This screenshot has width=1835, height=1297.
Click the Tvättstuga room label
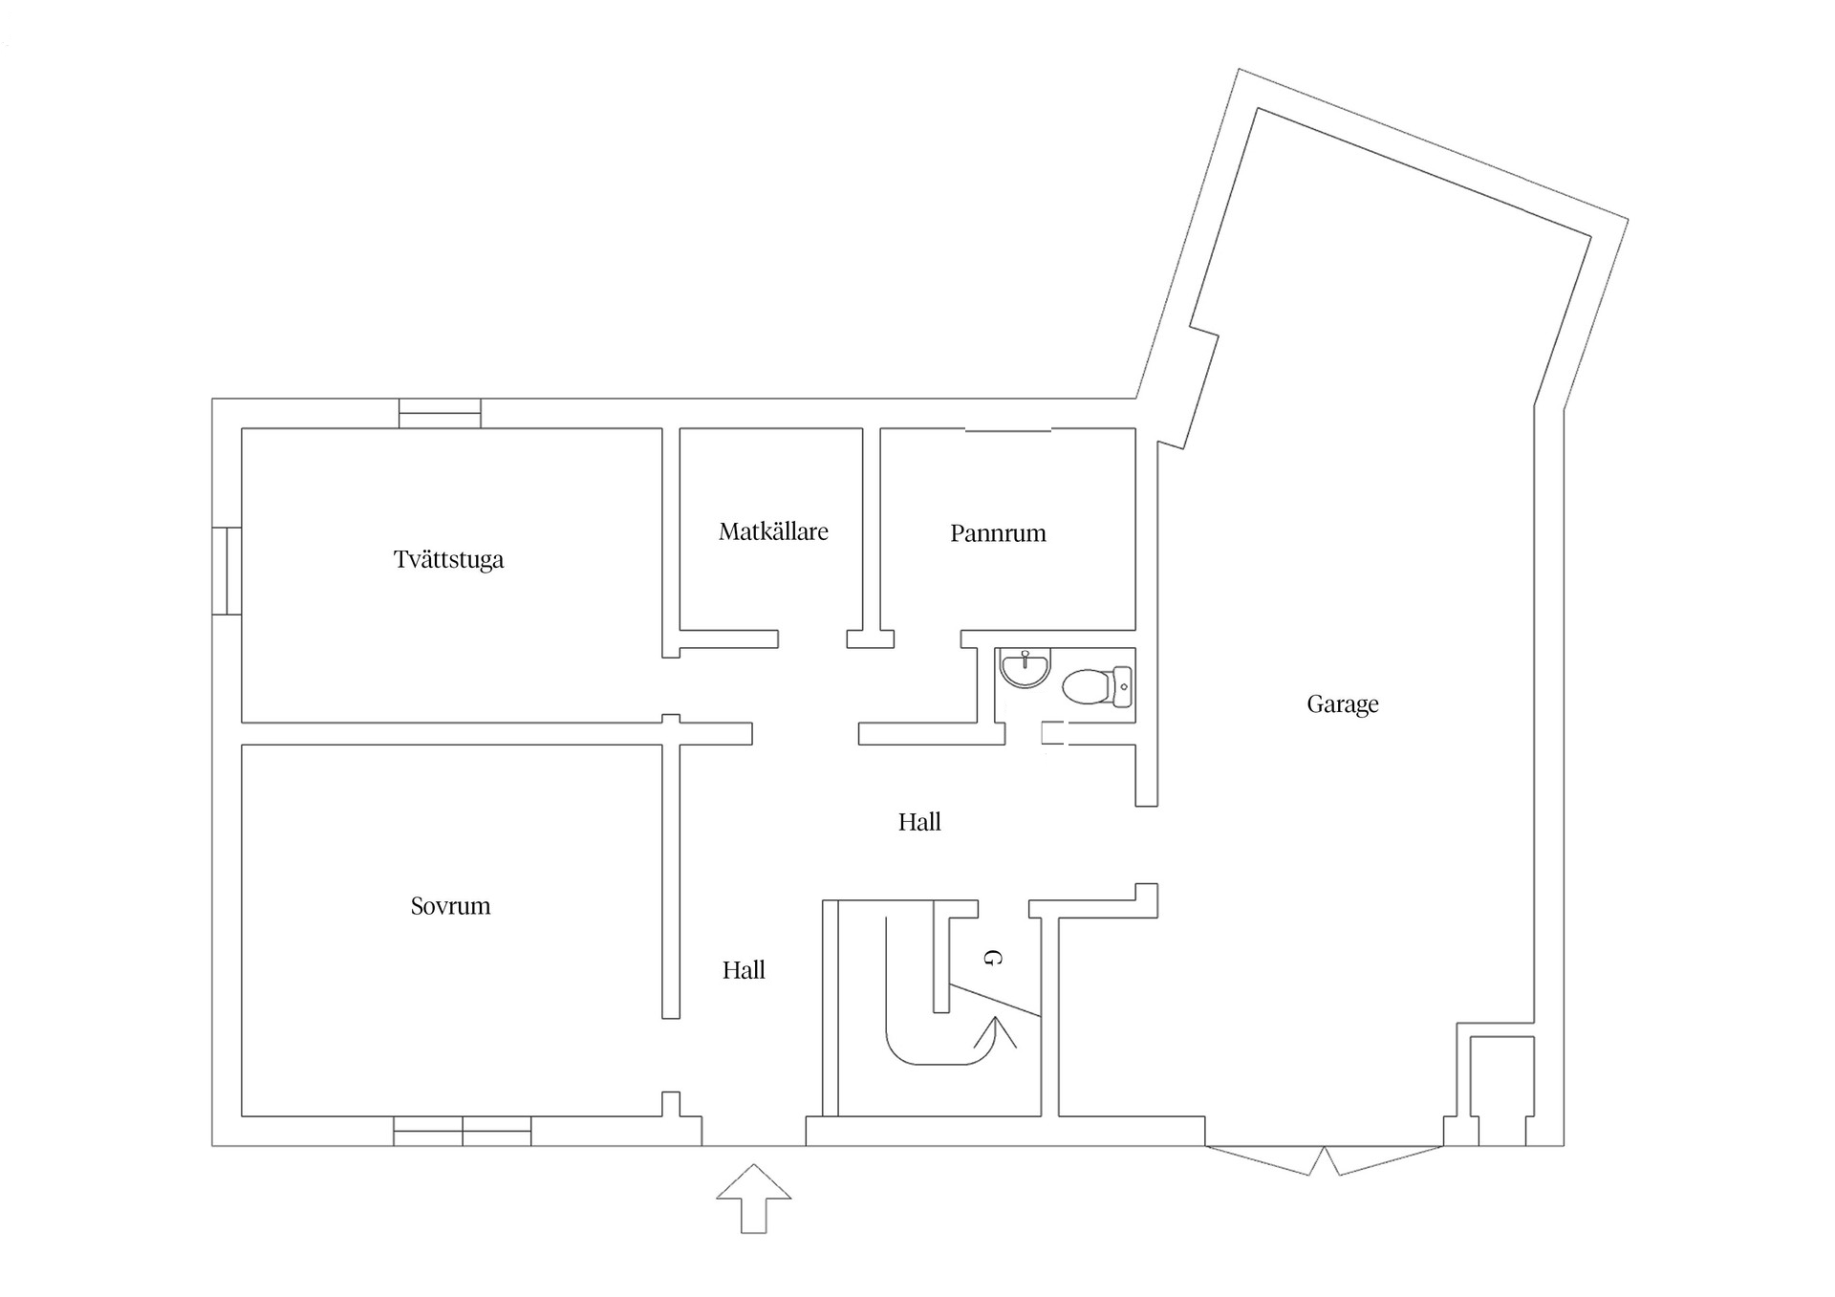(448, 559)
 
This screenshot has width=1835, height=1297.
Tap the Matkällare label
(773, 531)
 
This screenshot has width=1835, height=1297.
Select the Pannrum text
(998, 533)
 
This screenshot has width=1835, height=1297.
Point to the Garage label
(1342, 704)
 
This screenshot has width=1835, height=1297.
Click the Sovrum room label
(450, 906)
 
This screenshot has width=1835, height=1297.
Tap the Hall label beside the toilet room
(919, 822)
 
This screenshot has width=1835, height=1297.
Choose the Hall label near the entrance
(744, 970)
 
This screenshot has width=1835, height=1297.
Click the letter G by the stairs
(993, 958)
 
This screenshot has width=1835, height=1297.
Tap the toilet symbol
(1097, 686)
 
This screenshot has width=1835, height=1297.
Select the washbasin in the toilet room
(1025, 667)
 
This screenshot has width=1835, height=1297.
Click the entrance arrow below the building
(754, 1198)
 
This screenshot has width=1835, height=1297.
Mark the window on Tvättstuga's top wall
(440, 413)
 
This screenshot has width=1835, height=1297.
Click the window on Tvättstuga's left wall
(227, 571)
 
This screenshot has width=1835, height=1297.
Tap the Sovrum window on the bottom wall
(463, 1131)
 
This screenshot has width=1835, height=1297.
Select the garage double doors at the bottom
(1324, 1159)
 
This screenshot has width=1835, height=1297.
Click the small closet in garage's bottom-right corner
(1501, 1090)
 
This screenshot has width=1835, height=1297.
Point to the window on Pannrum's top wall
(1008, 430)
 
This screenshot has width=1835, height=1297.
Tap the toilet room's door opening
(1054, 733)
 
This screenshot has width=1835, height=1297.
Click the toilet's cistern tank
(1123, 686)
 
